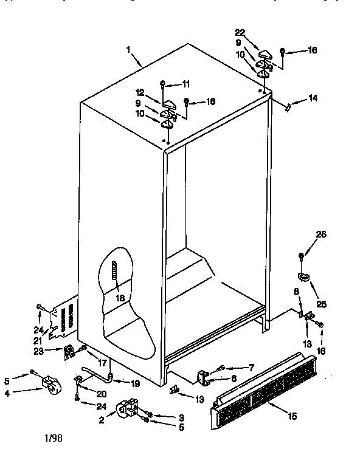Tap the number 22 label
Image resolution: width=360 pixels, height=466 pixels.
(x=240, y=32)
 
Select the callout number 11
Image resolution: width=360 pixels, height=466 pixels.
(x=186, y=83)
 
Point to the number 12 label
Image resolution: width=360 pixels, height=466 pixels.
(x=140, y=93)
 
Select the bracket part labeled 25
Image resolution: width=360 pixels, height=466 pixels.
(x=304, y=277)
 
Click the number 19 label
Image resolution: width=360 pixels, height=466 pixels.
(x=134, y=383)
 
